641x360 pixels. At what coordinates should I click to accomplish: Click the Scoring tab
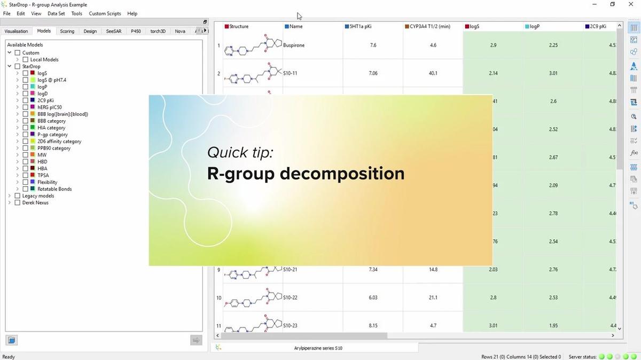point(67,31)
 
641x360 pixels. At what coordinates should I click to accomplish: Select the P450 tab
point(136,31)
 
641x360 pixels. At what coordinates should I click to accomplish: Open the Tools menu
point(77,13)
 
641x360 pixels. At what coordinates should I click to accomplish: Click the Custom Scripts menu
point(105,13)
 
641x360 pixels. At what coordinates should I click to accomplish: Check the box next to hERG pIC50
point(25,107)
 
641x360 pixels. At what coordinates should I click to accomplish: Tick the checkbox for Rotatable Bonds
point(25,189)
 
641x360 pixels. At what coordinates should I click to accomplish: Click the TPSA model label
point(43,175)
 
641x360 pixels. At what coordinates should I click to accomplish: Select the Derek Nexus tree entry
point(35,202)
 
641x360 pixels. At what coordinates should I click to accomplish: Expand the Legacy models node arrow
point(10,196)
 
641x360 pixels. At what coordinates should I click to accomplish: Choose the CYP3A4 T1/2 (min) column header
point(431,26)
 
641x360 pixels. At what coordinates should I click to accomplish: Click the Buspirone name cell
point(294,45)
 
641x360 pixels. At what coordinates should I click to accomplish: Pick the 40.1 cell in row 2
point(433,73)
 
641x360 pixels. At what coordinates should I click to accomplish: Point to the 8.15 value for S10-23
point(373,325)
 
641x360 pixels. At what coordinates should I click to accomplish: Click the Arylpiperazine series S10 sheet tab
point(318,348)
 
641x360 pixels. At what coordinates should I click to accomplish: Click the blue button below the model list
point(12,340)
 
